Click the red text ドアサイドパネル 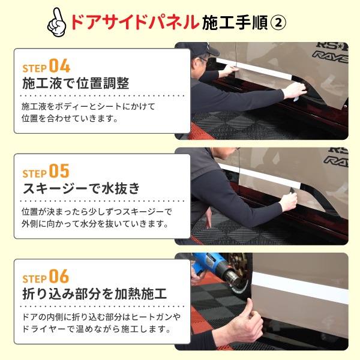tap(134, 22)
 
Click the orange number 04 tap(59, 65)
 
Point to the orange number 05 tap(59, 171)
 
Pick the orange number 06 tap(59, 277)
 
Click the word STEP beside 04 tap(34, 67)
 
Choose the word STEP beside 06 tap(34, 278)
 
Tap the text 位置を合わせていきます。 tap(69, 118)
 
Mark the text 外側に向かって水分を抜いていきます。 tap(94, 224)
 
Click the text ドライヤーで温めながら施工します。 tap(94, 329)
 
